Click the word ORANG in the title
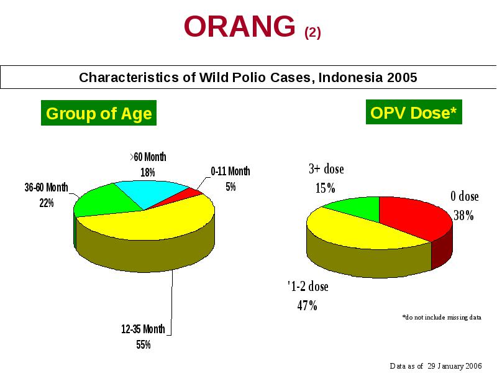pyautogui.click(x=240, y=26)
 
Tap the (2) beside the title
pyautogui.click(x=312, y=33)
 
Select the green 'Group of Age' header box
pyautogui.click(x=99, y=113)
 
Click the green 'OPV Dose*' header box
pyautogui.click(x=414, y=112)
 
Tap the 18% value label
pyautogui.click(x=148, y=173)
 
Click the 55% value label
pyautogui.click(x=144, y=345)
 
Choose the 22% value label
pyautogui.click(x=47, y=203)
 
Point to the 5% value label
pyautogui.click(x=230, y=187)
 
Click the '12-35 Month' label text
pyautogui.click(x=143, y=329)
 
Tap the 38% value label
pyautogui.click(x=463, y=216)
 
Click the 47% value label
pyautogui.click(x=307, y=306)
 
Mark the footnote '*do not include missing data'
pyautogui.click(x=442, y=317)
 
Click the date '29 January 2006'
pyautogui.click(x=455, y=366)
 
